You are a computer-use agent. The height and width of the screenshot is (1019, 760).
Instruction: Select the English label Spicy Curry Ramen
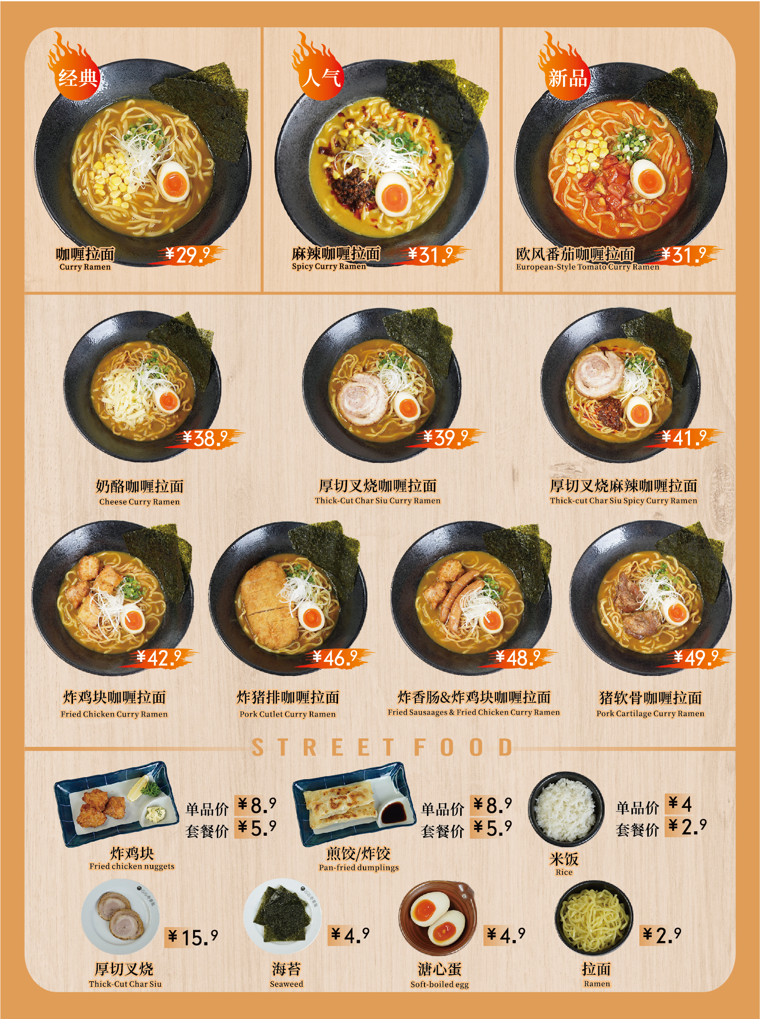(x=329, y=266)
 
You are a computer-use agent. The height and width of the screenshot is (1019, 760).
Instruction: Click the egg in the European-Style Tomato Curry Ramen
(x=647, y=178)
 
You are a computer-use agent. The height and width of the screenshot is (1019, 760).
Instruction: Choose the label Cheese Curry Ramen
(x=139, y=502)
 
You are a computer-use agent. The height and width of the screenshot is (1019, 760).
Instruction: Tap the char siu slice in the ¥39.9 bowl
(x=362, y=398)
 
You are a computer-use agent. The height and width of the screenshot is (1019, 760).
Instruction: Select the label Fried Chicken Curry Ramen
(x=114, y=714)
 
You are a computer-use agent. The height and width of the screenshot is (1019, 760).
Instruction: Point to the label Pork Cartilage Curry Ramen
(x=650, y=713)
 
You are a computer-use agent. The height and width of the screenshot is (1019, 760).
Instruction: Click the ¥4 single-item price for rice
(x=680, y=803)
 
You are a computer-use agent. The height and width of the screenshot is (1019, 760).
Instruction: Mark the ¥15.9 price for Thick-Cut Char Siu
(x=192, y=937)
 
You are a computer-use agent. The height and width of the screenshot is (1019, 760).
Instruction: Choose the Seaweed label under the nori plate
(x=286, y=984)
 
